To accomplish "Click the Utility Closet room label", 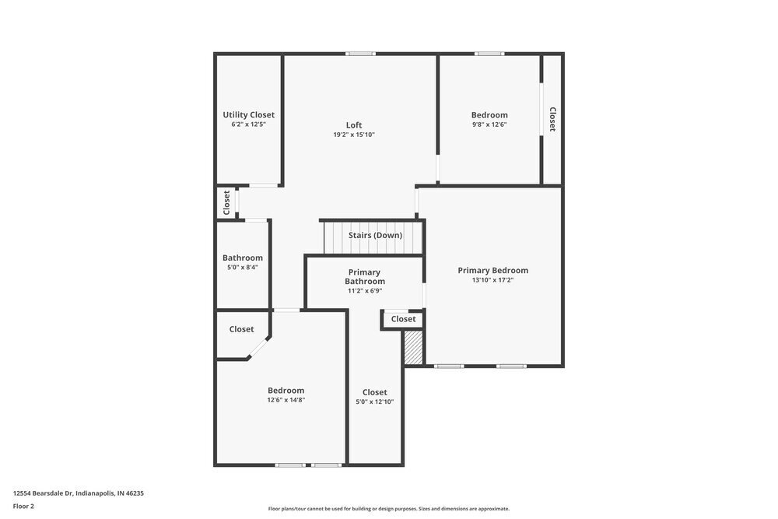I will pyautogui.click(x=248, y=115).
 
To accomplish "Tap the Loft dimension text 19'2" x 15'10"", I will pyautogui.click(x=354, y=135).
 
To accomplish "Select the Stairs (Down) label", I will pyautogui.click(x=375, y=235).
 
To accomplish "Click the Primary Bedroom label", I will pyautogui.click(x=492, y=270).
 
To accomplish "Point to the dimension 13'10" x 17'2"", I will pyautogui.click(x=492, y=280).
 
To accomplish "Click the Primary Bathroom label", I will pyautogui.click(x=364, y=276).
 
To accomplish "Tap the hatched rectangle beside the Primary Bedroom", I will pyautogui.click(x=413, y=348).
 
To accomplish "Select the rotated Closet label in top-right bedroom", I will pyautogui.click(x=552, y=119).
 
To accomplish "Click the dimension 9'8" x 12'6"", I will pyautogui.click(x=489, y=124).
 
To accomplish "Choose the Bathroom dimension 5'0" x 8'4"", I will pyautogui.click(x=242, y=268).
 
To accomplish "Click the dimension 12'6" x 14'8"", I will pyautogui.click(x=286, y=400).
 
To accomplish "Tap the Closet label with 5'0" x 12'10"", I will pyautogui.click(x=374, y=392).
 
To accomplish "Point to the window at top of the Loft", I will pyautogui.click(x=360, y=54).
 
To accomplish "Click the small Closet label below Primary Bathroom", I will pyautogui.click(x=403, y=319).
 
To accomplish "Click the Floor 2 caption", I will pyautogui.click(x=23, y=506).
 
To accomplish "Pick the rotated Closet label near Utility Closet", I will pyautogui.click(x=226, y=202).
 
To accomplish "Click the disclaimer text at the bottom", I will pyautogui.click(x=389, y=509).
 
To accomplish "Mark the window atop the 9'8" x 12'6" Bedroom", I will pyautogui.click(x=489, y=54).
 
